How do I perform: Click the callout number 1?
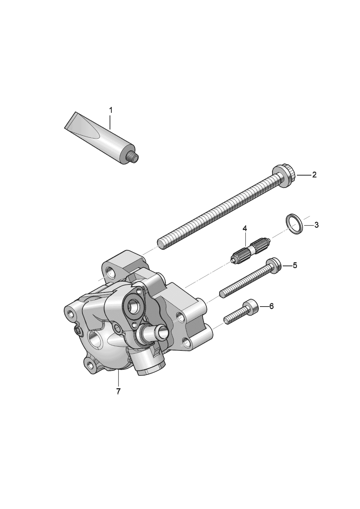[x=111, y=111]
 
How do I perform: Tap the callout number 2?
[x=314, y=175]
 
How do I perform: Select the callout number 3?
[x=316, y=225]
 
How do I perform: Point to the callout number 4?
[x=245, y=229]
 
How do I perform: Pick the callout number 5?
[x=295, y=265]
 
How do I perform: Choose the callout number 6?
[x=271, y=306]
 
